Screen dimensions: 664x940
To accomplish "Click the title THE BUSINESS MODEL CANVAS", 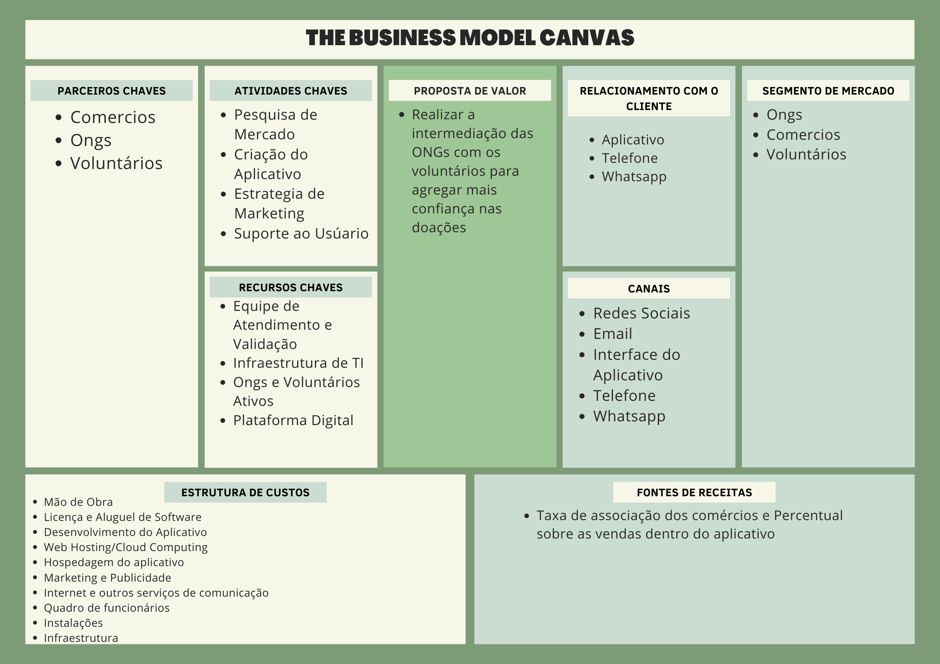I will pos(470,38).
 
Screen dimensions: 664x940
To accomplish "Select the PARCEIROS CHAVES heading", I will pos(111,91).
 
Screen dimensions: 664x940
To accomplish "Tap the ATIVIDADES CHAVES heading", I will pos(291,91).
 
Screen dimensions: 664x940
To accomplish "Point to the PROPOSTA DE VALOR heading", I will pos(470,91).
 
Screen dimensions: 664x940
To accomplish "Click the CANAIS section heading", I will pos(649,289).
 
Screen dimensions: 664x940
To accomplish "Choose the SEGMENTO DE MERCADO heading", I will pos(828,91).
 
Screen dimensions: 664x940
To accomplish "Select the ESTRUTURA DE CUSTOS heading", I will pos(245,492).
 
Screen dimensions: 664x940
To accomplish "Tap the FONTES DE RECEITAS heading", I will pos(694,492).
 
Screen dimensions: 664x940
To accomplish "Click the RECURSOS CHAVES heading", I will pos(291,287).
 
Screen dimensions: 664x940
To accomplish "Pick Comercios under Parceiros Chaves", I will pos(113,117).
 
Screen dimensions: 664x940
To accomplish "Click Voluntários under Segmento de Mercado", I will pos(806,154).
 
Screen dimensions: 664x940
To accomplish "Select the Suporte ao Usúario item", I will pos(301,233).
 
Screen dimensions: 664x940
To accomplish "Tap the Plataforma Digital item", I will pos(293,420).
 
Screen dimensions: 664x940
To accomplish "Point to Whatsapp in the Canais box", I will pos(629,416).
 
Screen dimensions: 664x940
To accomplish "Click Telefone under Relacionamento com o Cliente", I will pos(629,158).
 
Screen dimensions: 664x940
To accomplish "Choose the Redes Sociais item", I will pos(641,313).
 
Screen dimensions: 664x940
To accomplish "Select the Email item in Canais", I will pos(613,334).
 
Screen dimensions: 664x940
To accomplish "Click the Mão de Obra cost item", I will pos(78,502).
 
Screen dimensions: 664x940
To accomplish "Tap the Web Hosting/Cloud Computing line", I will pos(126,547).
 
